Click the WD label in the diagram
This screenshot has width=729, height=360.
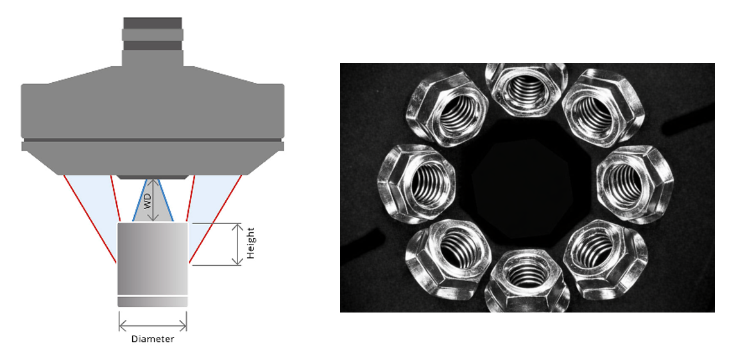click(148, 201)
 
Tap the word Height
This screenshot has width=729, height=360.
click(250, 243)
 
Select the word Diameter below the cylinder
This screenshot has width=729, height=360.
click(153, 339)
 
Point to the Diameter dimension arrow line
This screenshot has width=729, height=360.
click(153, 325)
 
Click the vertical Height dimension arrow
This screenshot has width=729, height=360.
click(237, 244)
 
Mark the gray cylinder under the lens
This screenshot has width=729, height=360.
click(153, 264)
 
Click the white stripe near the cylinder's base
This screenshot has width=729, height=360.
click(153, 296)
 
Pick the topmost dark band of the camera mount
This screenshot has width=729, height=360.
click(153, 23)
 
